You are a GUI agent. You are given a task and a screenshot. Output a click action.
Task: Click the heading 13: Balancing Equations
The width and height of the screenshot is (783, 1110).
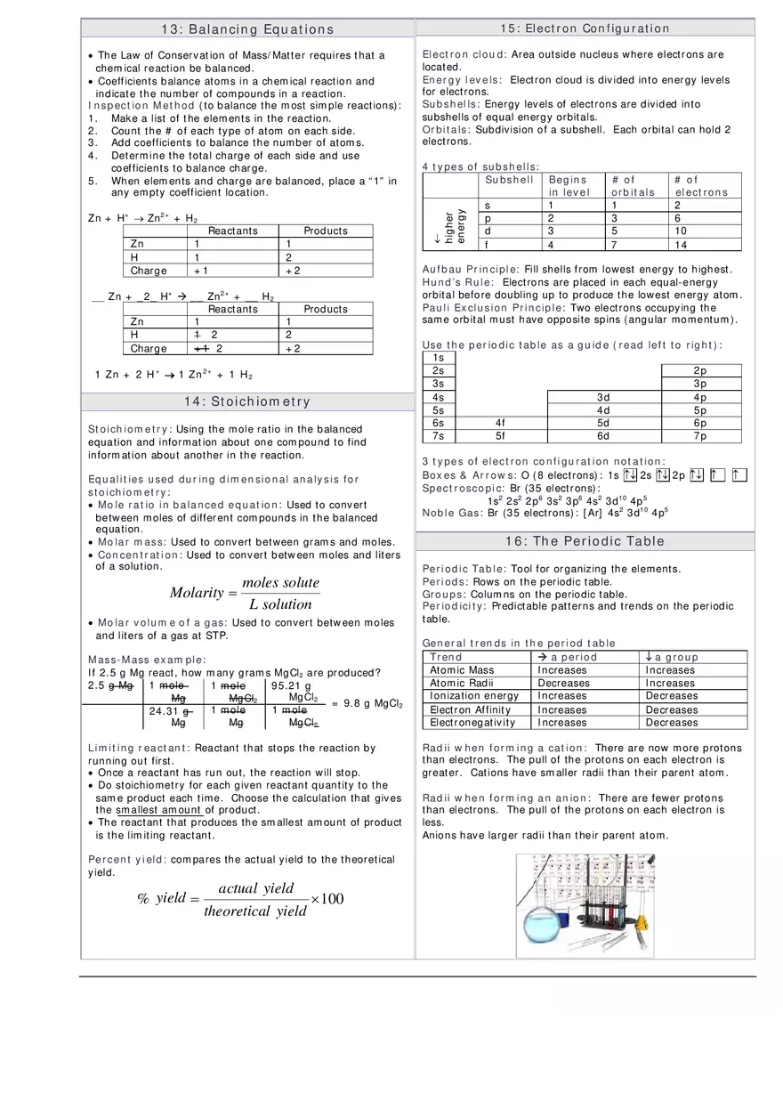pyautogui.click(x=247, y=29)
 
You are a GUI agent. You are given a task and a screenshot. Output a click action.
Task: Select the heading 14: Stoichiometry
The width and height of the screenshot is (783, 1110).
pyautogui.click(x=247, y=401)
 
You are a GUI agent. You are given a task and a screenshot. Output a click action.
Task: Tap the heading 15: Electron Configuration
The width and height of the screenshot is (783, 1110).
pyautogui.click(x=585, y=28)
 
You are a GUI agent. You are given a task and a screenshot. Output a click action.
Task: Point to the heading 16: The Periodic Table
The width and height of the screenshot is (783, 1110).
pyautogui.click(x=585, y=541)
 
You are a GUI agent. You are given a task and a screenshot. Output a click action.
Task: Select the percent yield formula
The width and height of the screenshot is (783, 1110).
pyautogui.click(x=240, y=899)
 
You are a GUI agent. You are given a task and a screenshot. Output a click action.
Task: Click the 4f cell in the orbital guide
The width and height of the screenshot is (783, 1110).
pyautogui.click(x=499, y=423)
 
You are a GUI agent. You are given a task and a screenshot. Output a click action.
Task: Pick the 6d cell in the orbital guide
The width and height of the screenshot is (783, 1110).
pyautogui.click(x=603, y=436)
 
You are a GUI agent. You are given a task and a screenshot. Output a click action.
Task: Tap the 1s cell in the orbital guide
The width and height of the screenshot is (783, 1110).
pyautogui.click(x=438, y=357)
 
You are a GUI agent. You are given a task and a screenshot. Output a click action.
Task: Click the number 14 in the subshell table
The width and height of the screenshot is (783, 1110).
pyautogui.click(x=681, y=245)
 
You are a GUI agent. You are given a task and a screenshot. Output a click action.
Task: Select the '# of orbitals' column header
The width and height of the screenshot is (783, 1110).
pyautogui.click(x=632, y=185)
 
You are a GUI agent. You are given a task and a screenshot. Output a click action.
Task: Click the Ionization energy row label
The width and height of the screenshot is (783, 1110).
pyautogui.click(x=474, y=696)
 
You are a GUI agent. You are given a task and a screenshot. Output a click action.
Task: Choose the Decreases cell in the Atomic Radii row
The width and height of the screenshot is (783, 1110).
pyautogui.click(x=563, y=683)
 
